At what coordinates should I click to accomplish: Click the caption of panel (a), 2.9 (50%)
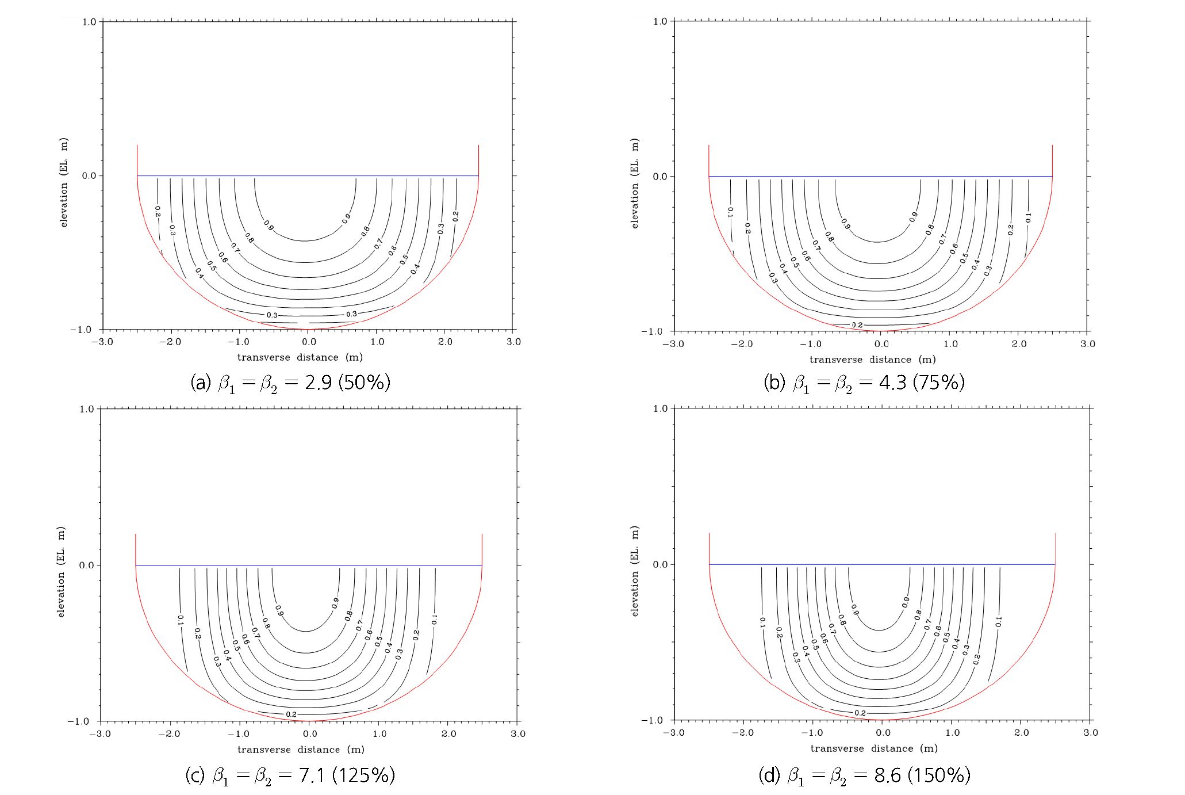pyautogui.click(x=290, y=383)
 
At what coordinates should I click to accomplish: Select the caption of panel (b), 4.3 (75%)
pyautogui.click(x=864, y=383)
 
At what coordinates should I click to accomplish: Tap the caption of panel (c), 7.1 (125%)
pyautogui.click(x=290, y=775)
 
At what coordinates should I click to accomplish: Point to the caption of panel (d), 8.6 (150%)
pyautogui.click(x=864, y=775)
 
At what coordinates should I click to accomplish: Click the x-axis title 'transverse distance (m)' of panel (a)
pyautogui.click(x=300, y=357)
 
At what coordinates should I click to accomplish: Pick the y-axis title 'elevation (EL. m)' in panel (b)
pyautogui.click(x=635, y=183)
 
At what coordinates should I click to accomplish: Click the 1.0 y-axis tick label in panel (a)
pyautogui.click(x=89, y=22)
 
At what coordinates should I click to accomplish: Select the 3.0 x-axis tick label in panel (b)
pyautogui.click(x=1088, y=344)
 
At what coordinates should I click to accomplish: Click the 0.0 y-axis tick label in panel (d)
pyautogui.click(x=661, y=564)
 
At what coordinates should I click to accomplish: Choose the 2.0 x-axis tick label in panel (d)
pyautogui.click(x=1022, y=733)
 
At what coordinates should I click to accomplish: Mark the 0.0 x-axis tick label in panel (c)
pyautogui.click(x=310, y=734)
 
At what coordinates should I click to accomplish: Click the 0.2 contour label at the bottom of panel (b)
pyautogui.click(x=857, y=325)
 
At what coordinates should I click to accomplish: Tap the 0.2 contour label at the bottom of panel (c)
pyautogui.click(x=292, y=714)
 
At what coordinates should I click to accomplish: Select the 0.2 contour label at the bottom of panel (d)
pyautogui.click(x=860, y=713)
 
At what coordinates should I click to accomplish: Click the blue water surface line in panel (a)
pyautogui.click(x=308, y=175)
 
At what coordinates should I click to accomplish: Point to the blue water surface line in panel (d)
pyautogui.click(x=882, y=564)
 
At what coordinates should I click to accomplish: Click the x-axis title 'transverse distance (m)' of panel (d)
pyautogui.click(x=874, y=748)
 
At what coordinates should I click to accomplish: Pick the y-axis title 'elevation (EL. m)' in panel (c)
pyautogui.click(x=61, y=572)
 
